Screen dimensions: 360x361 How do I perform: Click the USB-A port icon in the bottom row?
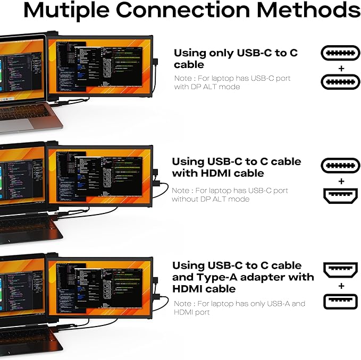click(x=341, y=302)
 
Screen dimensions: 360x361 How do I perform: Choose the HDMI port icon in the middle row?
click(x=341, y=196)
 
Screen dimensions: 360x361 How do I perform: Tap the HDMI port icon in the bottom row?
click(x=341, y=269)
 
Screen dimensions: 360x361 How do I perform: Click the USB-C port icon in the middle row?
click(x=341, y=165)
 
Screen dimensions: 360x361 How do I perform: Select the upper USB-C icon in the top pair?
click(x=341, y=53)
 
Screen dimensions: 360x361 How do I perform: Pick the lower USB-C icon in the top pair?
click(x=341, y=81)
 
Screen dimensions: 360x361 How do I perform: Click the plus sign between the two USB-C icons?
click(x=341, y=67)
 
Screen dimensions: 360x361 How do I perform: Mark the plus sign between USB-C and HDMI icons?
click(x=341, y=181)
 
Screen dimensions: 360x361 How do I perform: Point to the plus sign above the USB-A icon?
click(x=341, y=286)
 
